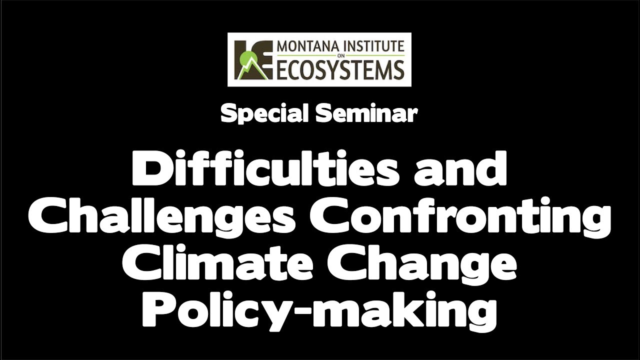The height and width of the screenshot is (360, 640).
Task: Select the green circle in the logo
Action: pos(246,64)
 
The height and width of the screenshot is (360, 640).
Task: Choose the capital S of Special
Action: pos(227,114)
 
